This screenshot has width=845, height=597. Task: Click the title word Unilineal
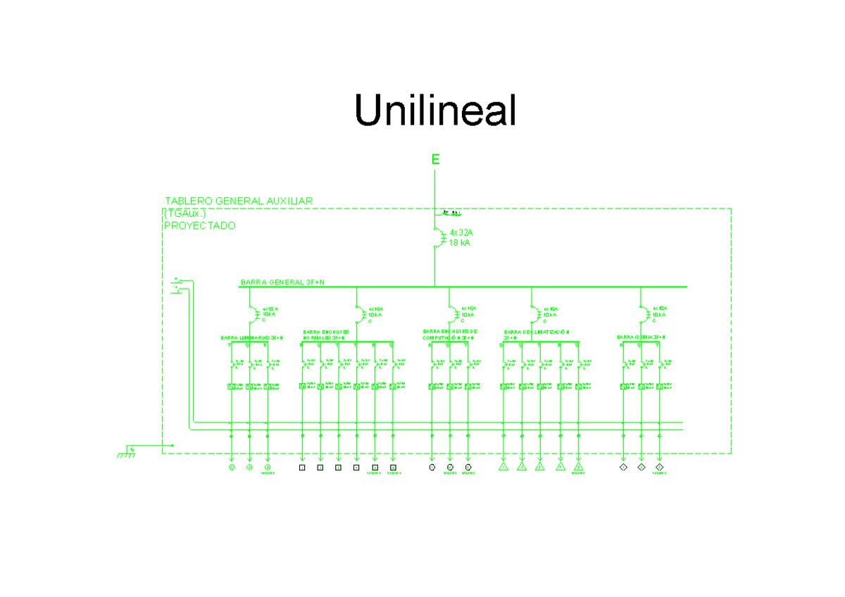pos(435,111)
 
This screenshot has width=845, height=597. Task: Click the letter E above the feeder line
pos(435,161)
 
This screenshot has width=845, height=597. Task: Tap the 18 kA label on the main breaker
pos(459,243)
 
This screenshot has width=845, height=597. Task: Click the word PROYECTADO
pos(199,226)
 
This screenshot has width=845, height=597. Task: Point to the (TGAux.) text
pos(184,213)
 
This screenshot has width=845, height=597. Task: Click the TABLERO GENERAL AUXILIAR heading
pos(238,201)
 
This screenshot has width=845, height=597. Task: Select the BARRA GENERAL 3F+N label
pos(282,282)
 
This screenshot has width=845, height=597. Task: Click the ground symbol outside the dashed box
pos(127,453)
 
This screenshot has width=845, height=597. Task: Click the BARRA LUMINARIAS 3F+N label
pos(252,338)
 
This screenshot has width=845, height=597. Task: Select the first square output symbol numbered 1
pos(302,467)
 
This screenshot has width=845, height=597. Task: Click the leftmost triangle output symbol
pos(503,467)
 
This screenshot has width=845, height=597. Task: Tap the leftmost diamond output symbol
pos(623,467)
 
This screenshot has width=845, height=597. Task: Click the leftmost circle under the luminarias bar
pos(231,467)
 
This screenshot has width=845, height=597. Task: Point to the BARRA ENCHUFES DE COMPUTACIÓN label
pos(451,334)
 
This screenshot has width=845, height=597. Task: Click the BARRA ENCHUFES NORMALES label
pos(327,334)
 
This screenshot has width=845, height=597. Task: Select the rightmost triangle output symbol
pos(578,467)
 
